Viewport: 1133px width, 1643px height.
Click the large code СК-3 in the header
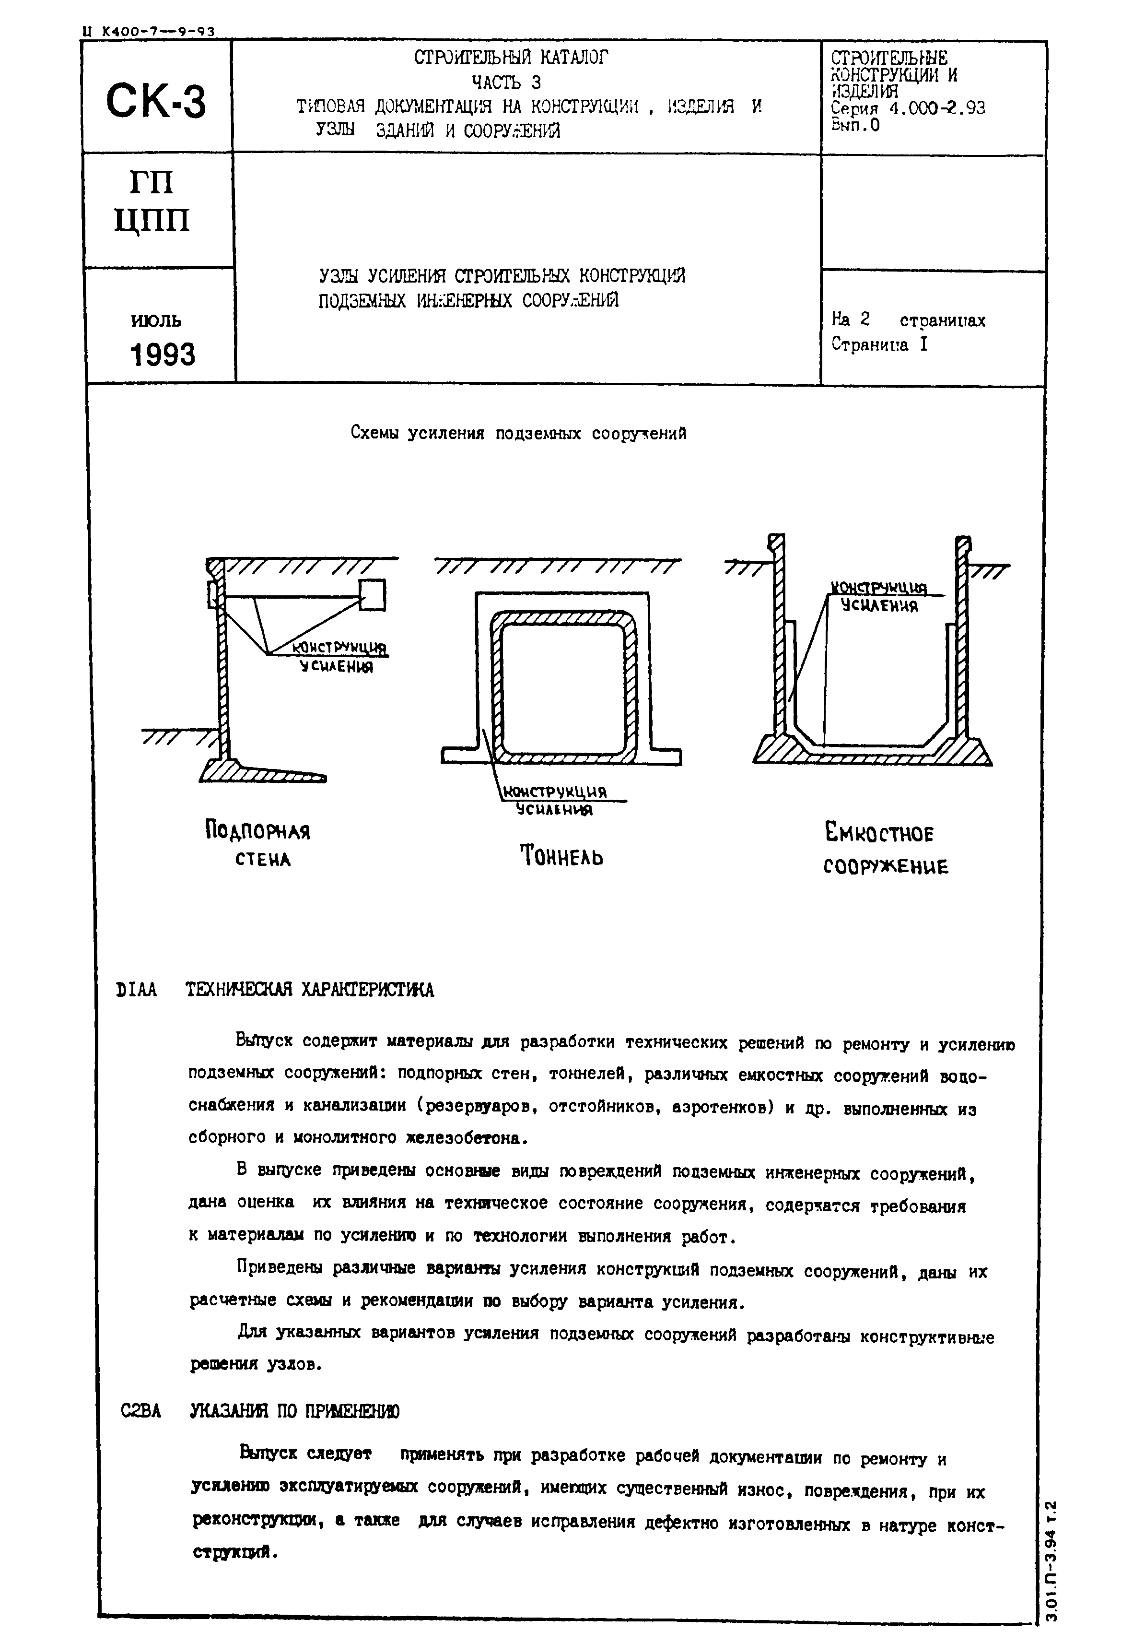[156, 101]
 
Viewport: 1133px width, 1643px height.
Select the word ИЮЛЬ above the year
[156, 320]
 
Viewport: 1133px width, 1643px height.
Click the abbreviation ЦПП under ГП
[152, 221]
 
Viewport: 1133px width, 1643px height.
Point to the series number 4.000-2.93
[937, 108]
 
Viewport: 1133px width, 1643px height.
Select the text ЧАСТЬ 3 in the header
[507, 83]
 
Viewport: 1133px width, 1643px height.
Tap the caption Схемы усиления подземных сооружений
[518, 433]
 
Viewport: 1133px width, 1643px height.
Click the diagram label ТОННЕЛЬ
[561, 856]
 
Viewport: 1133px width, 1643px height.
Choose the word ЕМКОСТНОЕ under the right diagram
[879, 832]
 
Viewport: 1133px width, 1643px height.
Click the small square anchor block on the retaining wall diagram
[373, 595]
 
